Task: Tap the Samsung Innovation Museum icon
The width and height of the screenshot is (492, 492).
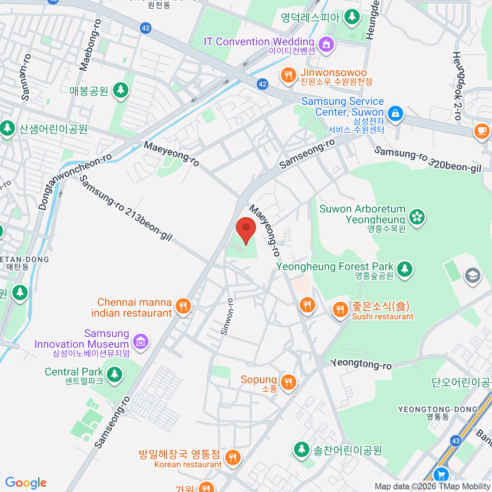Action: [141, 341]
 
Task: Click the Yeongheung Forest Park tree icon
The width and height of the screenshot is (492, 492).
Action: [405, 269]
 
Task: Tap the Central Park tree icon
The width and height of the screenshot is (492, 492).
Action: [114, 374]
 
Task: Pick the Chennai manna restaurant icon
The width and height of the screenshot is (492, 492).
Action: [183, 306]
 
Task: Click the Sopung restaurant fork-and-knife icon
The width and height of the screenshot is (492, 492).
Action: [289, 383]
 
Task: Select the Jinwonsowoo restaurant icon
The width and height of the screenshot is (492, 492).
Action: [288, 75]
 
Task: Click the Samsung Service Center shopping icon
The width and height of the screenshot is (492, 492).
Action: [395, 113]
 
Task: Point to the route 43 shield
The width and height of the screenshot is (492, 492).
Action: [456, 441]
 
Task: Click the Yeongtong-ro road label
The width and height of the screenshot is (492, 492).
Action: [361, 364]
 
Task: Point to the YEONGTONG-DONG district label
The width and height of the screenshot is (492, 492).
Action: [438, 410]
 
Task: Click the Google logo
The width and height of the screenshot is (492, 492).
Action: [26, 483]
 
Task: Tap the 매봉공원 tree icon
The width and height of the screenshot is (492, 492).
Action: [121, 90]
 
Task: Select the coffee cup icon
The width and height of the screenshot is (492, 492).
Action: [481, 131]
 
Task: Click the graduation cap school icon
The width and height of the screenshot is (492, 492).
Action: [472, 276]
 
